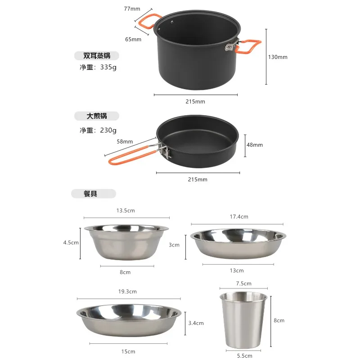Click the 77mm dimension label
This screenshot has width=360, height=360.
point(132,9)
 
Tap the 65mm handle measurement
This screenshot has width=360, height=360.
point(133,39)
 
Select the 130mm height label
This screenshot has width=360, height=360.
point(278,57)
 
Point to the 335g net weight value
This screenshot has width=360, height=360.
point(108,67)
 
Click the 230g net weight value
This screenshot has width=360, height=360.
point(108,130)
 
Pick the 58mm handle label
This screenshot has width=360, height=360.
point(125,141)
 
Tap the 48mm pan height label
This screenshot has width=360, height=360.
point(255,144)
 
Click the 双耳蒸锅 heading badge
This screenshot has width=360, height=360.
point(97,55)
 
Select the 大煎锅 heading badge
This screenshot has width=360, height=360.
point(97,116)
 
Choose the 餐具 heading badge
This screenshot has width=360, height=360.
point(94,193)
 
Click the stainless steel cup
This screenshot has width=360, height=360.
point(243,319)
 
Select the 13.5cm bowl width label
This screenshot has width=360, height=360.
point(126,211)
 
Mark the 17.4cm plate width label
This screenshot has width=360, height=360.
point(239,216)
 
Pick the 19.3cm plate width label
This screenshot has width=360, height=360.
point(127,291)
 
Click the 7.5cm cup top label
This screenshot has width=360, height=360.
point(244,283)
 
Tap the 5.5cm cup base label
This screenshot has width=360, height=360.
point(245,355)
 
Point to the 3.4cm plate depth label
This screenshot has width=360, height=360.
point(196,323)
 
